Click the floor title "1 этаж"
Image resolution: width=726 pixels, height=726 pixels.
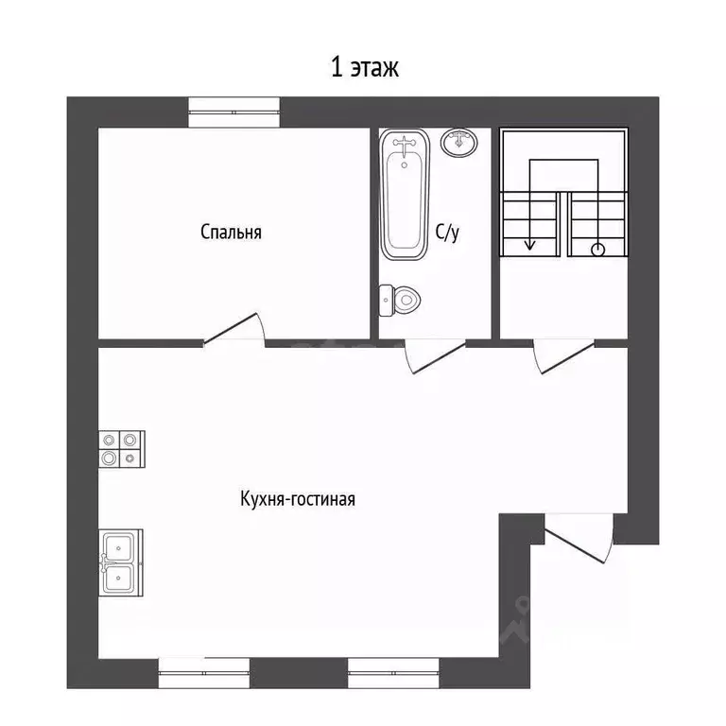pyautogui.click(x=364, y=68)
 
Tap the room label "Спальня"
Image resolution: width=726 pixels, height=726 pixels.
pyautogui.click(x=231, y=232)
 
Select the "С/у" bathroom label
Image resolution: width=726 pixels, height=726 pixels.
pyautogui.click(x=447, y=232)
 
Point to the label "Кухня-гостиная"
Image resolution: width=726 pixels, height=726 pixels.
pyautogui.click(x=298, y=499)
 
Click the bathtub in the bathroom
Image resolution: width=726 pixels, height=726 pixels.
pyautogui.click(x=405, y=194)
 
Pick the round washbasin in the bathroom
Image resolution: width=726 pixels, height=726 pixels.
pyautogui.click(x=458, y=142)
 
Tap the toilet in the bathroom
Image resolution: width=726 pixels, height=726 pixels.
pyautogui.click(x=400, y=300)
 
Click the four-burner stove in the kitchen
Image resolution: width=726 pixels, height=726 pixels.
pyautogui.click(x=122, y=449)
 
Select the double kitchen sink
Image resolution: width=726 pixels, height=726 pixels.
pyautogui.click(x=120, y=562)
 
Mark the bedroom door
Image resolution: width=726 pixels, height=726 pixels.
pyautogui.click(x=234, y=329)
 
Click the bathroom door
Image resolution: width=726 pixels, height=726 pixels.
pyautogui.click(x=434, y=355)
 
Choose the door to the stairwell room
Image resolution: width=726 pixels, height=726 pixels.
pyautogui.click(x=563, y=355)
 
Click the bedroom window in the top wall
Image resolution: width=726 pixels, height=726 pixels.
pyautogui.click(x=233, y=112)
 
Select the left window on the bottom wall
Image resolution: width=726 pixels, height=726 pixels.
pyautogui.click(x=204, y=673)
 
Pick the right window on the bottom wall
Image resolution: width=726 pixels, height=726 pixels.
pyautogui.click(x=393, y=673)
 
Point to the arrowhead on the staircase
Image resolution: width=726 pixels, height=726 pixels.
pyautogui.click(x=529, y=246)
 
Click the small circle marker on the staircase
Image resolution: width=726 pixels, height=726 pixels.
pyautogui.click(x=598, y=250)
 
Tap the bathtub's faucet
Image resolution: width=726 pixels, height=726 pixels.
pyautogui.click(x=405, y=146)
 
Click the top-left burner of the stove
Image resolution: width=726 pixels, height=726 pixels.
pyautogui.click(x=110, y=440)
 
